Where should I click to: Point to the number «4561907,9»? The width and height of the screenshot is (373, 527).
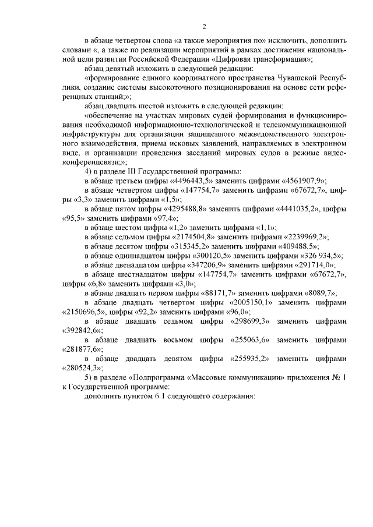[x=304, y=181]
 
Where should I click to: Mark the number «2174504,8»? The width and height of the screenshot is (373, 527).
[x=195, y=236]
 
